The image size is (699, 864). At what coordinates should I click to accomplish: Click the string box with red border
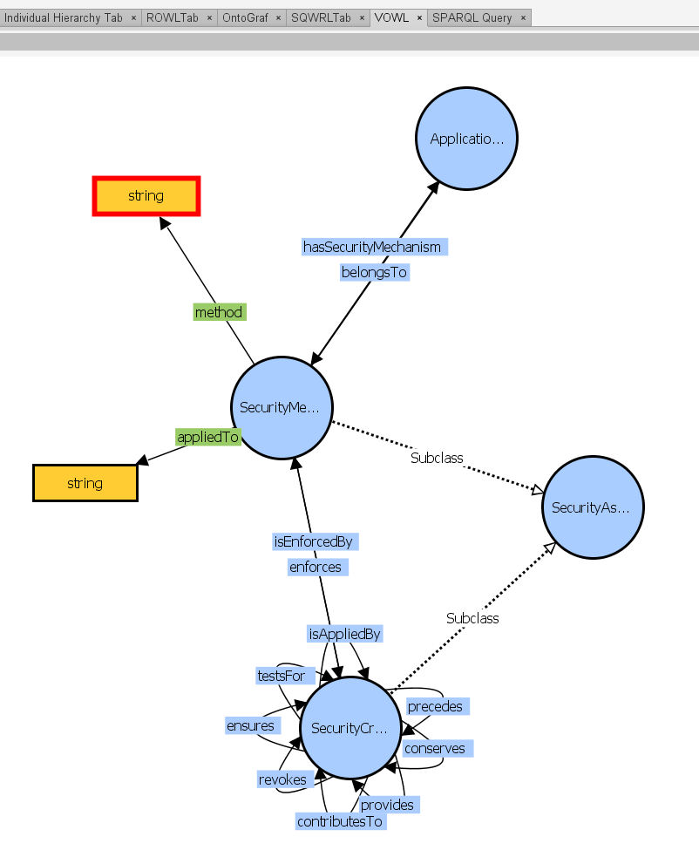(146, 196)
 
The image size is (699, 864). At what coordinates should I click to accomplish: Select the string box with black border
(85, 483)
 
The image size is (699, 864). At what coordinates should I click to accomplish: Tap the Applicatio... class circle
(467, 139)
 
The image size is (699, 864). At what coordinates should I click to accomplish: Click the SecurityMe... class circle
(281, 407)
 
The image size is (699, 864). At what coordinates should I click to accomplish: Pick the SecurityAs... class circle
(593, 507)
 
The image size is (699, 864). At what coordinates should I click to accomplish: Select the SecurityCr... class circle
(350, 729)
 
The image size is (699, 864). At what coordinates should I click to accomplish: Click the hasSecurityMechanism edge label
(373, 248)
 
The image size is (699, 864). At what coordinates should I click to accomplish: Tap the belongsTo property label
(374, 273)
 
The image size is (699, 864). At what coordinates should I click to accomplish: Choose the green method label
(219, 312)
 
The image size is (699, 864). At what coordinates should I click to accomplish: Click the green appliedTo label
(207, 438)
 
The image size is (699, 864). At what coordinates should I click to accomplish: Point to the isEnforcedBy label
(314, 542)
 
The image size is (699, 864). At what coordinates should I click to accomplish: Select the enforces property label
(316, 568)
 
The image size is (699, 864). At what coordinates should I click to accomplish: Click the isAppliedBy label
(345, 635)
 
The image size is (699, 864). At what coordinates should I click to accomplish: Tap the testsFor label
(281, 676)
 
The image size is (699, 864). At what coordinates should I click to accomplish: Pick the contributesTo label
(340, 821)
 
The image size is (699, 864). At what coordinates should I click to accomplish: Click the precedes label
(435, 706)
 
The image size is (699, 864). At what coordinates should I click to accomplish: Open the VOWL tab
(391, 17)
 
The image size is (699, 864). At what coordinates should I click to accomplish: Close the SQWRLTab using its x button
(362, 17)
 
